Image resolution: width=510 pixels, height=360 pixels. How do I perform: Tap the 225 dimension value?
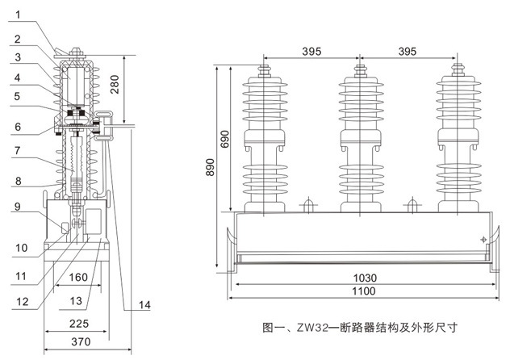tap(77, 324)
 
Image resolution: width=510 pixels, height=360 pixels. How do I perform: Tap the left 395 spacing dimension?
tap(311, 51)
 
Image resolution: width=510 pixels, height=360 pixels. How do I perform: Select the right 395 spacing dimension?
tap(406, 51)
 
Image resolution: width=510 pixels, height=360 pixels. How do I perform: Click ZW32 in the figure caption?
tap(321, 329)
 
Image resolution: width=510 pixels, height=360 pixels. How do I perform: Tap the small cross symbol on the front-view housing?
tap(482, 239)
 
